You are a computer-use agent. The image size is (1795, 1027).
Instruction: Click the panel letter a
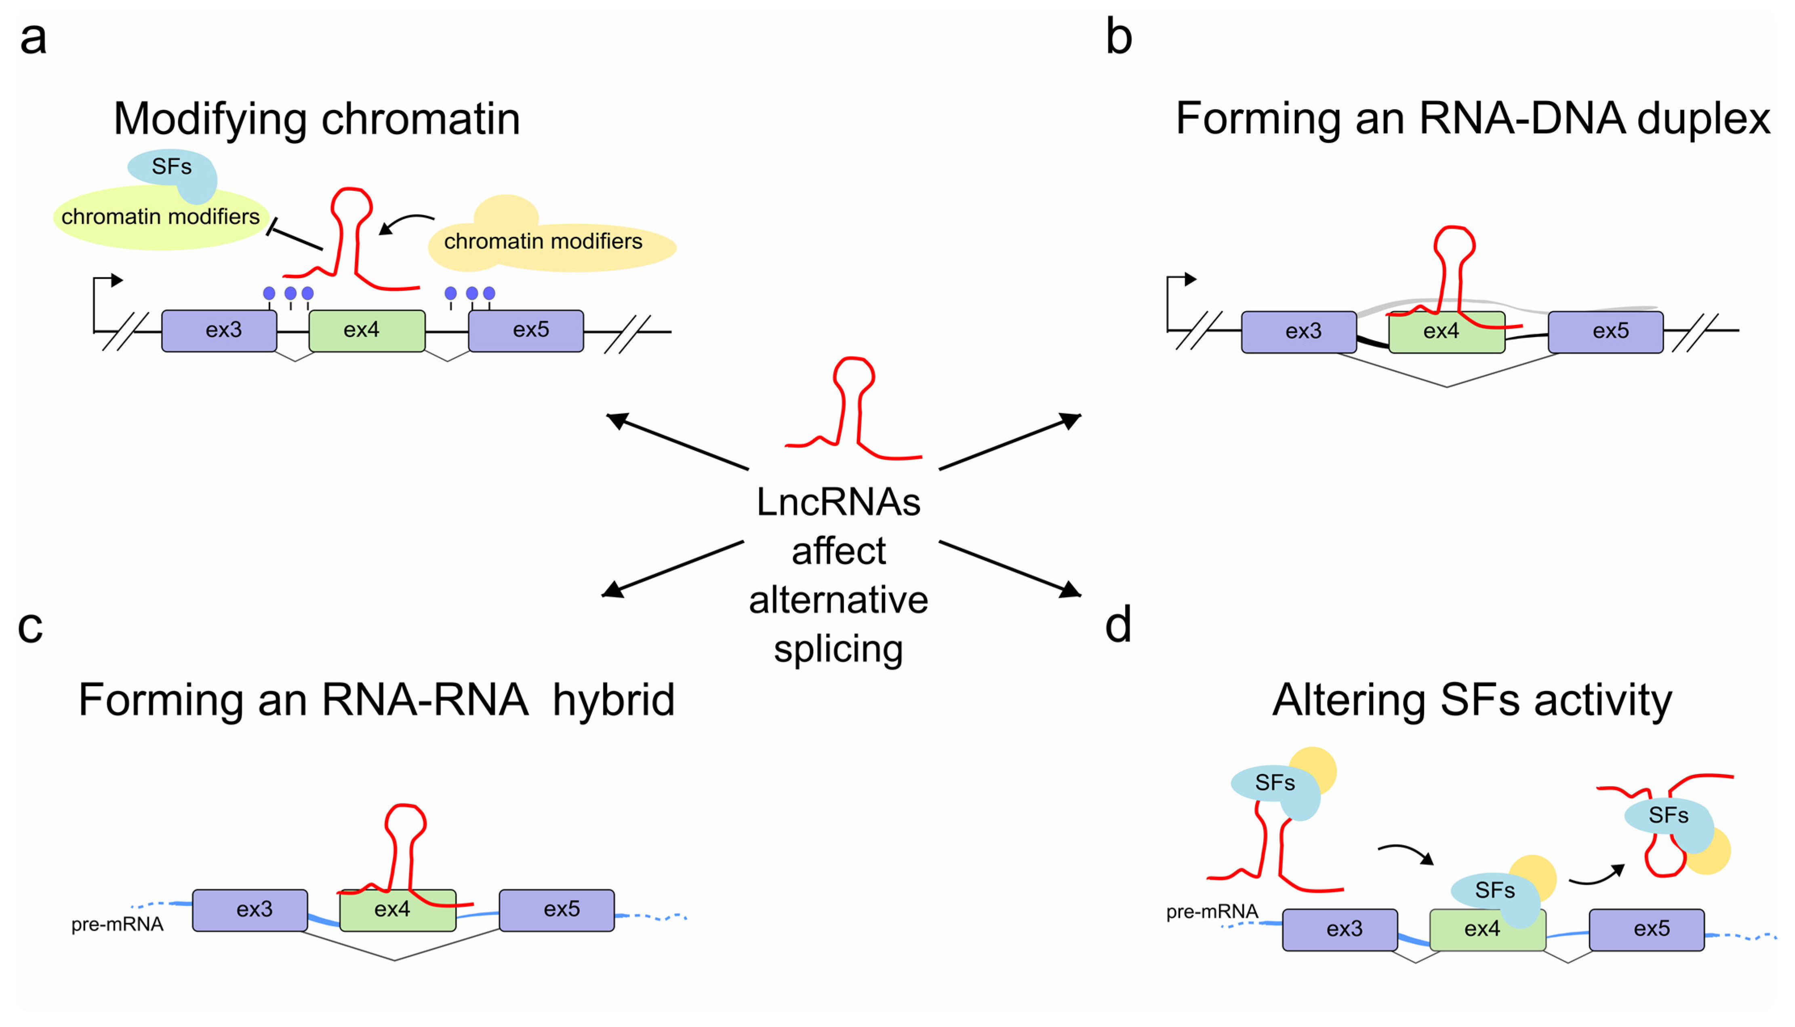(33, 39)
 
